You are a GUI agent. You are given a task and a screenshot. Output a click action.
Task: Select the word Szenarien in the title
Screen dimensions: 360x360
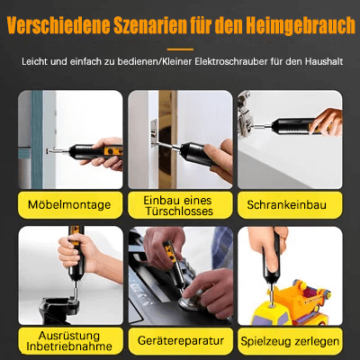(160, 23)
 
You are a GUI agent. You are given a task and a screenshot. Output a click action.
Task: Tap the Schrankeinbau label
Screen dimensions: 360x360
(289, 206)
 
